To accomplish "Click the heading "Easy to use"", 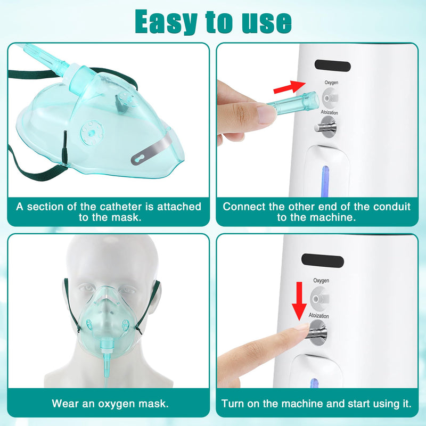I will point(213,21).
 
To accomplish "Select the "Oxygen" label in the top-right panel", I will point(331,83).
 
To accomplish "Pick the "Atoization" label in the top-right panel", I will point(329,113).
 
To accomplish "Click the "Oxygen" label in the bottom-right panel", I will point(321,281).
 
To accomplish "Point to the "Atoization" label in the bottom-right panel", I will point(319,316).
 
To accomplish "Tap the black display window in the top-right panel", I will point(332,67).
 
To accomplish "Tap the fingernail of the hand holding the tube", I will point(265,114).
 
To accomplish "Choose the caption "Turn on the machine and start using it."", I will point(317,404).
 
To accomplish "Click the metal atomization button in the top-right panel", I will point(326,127).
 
